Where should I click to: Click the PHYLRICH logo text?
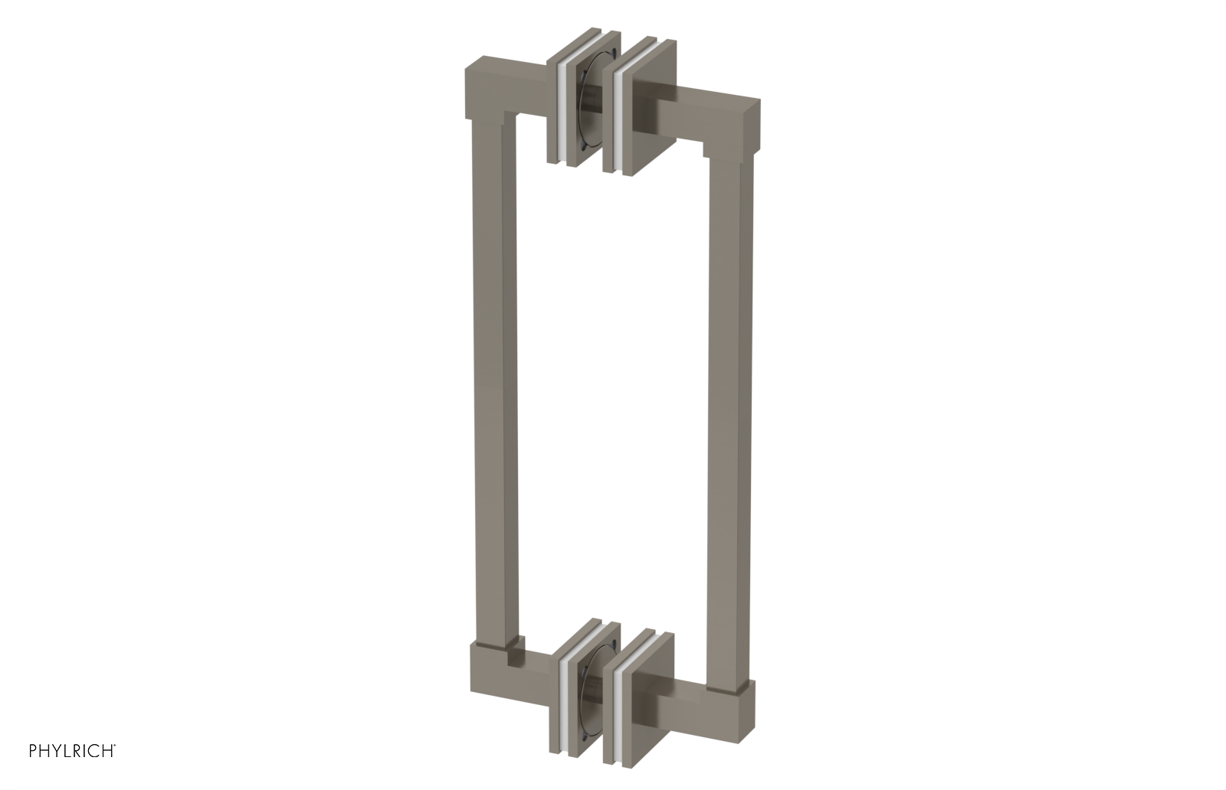click(72, 750)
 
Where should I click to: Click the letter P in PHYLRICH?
click(34, 750)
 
